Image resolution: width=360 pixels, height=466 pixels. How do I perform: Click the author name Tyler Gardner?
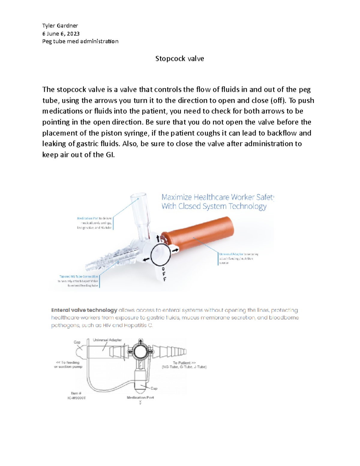click(x=60, y=26)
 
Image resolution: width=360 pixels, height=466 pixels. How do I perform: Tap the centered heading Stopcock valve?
click(x=179, y=59)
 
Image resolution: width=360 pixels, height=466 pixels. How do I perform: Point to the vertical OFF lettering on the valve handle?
click(x=164, y=274)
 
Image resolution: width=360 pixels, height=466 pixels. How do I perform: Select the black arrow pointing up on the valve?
click(x=158, y=238)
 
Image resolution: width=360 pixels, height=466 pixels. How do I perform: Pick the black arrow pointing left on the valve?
click(x=146, y=260)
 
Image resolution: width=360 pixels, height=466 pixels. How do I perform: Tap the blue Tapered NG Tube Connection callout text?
click(x=79, y=277)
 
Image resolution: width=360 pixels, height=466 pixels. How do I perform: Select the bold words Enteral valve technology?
click(x=84, y=310)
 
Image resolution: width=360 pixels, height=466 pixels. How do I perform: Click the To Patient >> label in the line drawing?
click(x=184, y=363)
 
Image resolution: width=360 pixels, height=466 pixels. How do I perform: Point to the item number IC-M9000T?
click(x=76, y=398)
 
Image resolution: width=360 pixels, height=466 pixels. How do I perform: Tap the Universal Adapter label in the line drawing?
click(x=107, y=340)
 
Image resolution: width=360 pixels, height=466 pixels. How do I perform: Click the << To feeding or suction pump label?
click(x=68, y=364)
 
